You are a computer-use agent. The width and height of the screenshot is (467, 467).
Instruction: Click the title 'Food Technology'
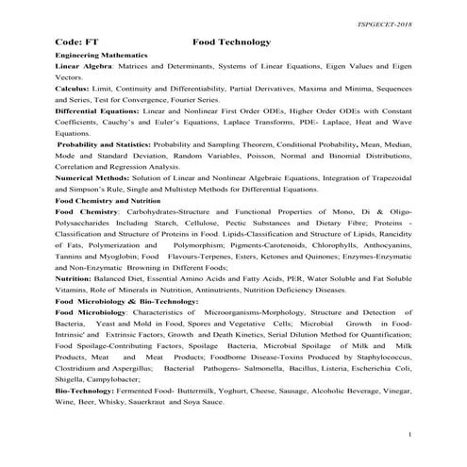231,42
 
